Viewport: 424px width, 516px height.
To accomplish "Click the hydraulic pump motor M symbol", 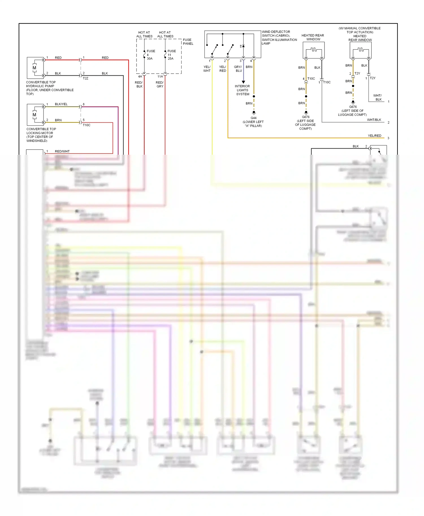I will tap(34, 68).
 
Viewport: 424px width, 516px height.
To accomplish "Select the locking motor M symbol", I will tap(34, 115).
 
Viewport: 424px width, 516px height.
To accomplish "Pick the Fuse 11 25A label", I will tap(171, 55).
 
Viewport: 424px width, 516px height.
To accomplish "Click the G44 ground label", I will tap(254, 118).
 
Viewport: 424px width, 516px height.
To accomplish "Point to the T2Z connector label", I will tap(85, 78).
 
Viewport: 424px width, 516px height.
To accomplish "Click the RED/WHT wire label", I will tap(62, 151).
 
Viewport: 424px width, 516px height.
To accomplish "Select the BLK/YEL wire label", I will tap(61, 104).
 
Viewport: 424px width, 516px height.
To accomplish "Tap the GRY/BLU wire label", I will tap(238, 69).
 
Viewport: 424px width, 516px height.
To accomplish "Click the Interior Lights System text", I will tap(243, 90).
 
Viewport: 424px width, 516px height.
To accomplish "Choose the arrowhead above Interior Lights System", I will tap(243, 82).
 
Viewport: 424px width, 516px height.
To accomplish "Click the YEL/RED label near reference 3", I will tap(375, 136).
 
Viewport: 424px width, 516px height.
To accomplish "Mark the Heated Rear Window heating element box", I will tap(313, 50).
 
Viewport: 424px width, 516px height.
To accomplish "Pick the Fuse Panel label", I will tap(188, 41).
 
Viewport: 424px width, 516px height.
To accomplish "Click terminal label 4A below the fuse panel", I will tap(140, 76).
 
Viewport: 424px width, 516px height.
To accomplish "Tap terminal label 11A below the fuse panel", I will tap(160, 76).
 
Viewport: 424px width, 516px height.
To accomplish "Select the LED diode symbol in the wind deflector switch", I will tap(243, 46).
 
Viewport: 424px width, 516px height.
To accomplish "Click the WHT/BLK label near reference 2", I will tap(374, 120).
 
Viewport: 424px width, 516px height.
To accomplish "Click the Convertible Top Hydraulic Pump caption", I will tap(49, 88).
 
